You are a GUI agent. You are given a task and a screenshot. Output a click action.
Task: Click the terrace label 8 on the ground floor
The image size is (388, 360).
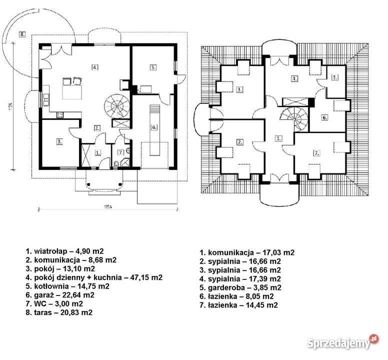(22, 34)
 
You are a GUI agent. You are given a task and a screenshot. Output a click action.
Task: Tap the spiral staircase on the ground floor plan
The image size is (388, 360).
(117, 106)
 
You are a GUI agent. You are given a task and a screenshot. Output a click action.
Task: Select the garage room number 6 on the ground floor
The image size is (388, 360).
(154, 127)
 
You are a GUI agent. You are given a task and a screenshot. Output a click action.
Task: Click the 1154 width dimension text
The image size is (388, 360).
(107, 206)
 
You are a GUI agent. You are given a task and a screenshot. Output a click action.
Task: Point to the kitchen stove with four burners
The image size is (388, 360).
(60, 115)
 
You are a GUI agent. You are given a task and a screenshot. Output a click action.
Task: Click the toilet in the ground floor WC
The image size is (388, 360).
(116, 164)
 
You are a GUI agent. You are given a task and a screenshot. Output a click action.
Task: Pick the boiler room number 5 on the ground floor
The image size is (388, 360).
(153, 67)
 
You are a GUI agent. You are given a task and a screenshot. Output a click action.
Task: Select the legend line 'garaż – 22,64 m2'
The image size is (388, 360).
(60, 295)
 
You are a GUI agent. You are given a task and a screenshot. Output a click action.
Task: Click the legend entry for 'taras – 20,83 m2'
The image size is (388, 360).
(59, 312)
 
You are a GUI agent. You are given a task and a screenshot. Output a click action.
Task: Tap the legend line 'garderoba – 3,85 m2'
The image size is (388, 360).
(240, 287)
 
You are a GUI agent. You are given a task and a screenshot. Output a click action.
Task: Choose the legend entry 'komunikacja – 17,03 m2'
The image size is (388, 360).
(247, 252)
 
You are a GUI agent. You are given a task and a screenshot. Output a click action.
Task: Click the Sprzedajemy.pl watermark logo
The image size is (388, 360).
(343, 342)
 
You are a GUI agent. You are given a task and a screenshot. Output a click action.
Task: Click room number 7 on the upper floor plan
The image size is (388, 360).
(316, 153)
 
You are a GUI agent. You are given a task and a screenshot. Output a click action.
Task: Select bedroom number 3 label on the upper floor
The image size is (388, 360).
(239, 89)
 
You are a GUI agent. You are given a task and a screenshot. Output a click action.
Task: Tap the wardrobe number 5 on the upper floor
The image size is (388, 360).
(335, 77)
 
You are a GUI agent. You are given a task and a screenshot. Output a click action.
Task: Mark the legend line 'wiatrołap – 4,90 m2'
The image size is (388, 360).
(65, 251)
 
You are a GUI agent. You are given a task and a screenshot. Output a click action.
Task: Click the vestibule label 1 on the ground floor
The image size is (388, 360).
(98, 152)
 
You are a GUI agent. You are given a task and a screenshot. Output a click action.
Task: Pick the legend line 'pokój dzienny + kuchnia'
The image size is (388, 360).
(94, 277)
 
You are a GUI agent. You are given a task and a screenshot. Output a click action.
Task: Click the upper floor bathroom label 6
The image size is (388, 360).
(325, 117)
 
